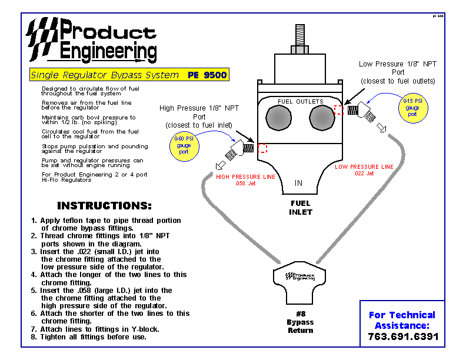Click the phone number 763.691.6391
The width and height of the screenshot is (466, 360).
click(403, 336)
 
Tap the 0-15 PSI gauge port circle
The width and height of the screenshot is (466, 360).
click(413, 108)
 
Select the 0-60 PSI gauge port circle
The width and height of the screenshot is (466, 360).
click(184, 146)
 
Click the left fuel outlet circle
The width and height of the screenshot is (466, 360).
click(278, 118)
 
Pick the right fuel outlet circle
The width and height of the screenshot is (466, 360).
click(322, 118)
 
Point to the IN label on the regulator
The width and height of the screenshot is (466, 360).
click(299, 183)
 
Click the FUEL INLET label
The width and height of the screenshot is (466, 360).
click(301, 208)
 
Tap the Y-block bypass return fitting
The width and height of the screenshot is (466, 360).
click(299, 283)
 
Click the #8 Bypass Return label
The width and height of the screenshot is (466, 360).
click(301, 322)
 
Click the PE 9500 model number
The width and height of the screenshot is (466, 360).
click(207, 75)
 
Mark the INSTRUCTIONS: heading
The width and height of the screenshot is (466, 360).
click(104, 205)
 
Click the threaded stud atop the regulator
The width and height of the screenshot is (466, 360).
click(300, 35)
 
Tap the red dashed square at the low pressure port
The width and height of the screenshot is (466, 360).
click(338, 110)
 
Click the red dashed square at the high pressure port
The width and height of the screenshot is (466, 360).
click(262, 148)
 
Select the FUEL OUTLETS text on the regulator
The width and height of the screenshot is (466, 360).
click(301, 102)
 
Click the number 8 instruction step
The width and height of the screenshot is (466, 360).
click(89, 337)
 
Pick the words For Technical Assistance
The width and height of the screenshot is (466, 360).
click(402, 320)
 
